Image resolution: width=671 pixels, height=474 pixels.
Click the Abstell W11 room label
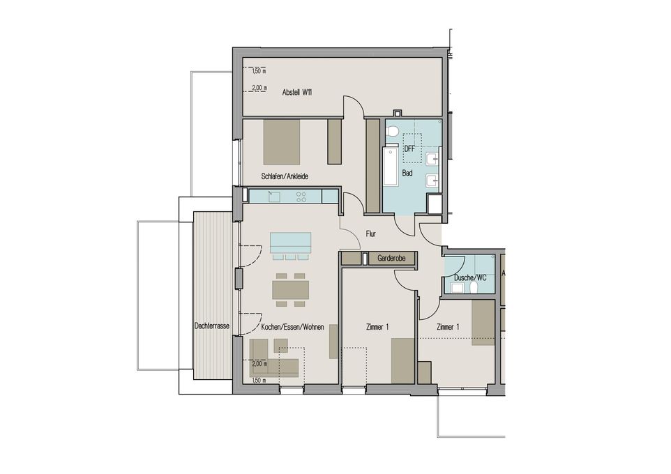[297, 92]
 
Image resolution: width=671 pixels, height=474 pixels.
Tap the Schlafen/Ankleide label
[285, 176]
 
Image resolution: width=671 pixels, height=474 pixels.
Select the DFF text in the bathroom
[409, 149]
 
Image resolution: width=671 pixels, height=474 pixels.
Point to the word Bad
[407, 174]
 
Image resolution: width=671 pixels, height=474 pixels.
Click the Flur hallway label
[370, 234]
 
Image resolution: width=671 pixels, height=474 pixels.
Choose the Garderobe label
[391, 259]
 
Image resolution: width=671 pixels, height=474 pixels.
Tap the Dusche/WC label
[470, 277]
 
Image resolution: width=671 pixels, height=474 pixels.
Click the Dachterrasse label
[212, 326]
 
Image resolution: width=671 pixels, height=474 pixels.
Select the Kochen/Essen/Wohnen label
[292, 327]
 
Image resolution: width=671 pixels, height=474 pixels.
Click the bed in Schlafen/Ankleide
[282, 142]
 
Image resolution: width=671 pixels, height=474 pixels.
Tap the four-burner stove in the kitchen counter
[301, 197]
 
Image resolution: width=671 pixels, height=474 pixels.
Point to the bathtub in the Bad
[391, 167]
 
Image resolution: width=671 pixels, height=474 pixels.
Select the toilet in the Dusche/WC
[474, 289]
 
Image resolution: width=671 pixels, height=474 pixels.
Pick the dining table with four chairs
[291, 289]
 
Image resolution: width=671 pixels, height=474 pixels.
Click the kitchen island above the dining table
[291, 243]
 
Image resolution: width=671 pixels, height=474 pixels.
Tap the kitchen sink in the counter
[274, 197]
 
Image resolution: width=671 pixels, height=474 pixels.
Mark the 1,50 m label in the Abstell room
[259, 71]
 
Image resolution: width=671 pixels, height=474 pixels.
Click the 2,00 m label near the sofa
[259, 365]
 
